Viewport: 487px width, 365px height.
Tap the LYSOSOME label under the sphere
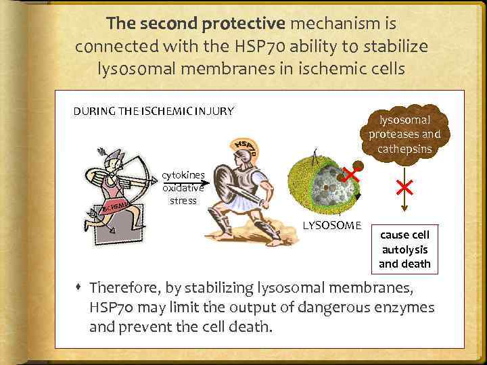[x=332, y=225]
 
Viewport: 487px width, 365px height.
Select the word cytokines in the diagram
[x=183, y=176]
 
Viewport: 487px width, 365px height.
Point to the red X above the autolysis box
[x=404, y=187]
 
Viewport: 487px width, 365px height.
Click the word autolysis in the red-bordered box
[x=404, y=249]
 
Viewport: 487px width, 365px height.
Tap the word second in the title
[x=168, y=24]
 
